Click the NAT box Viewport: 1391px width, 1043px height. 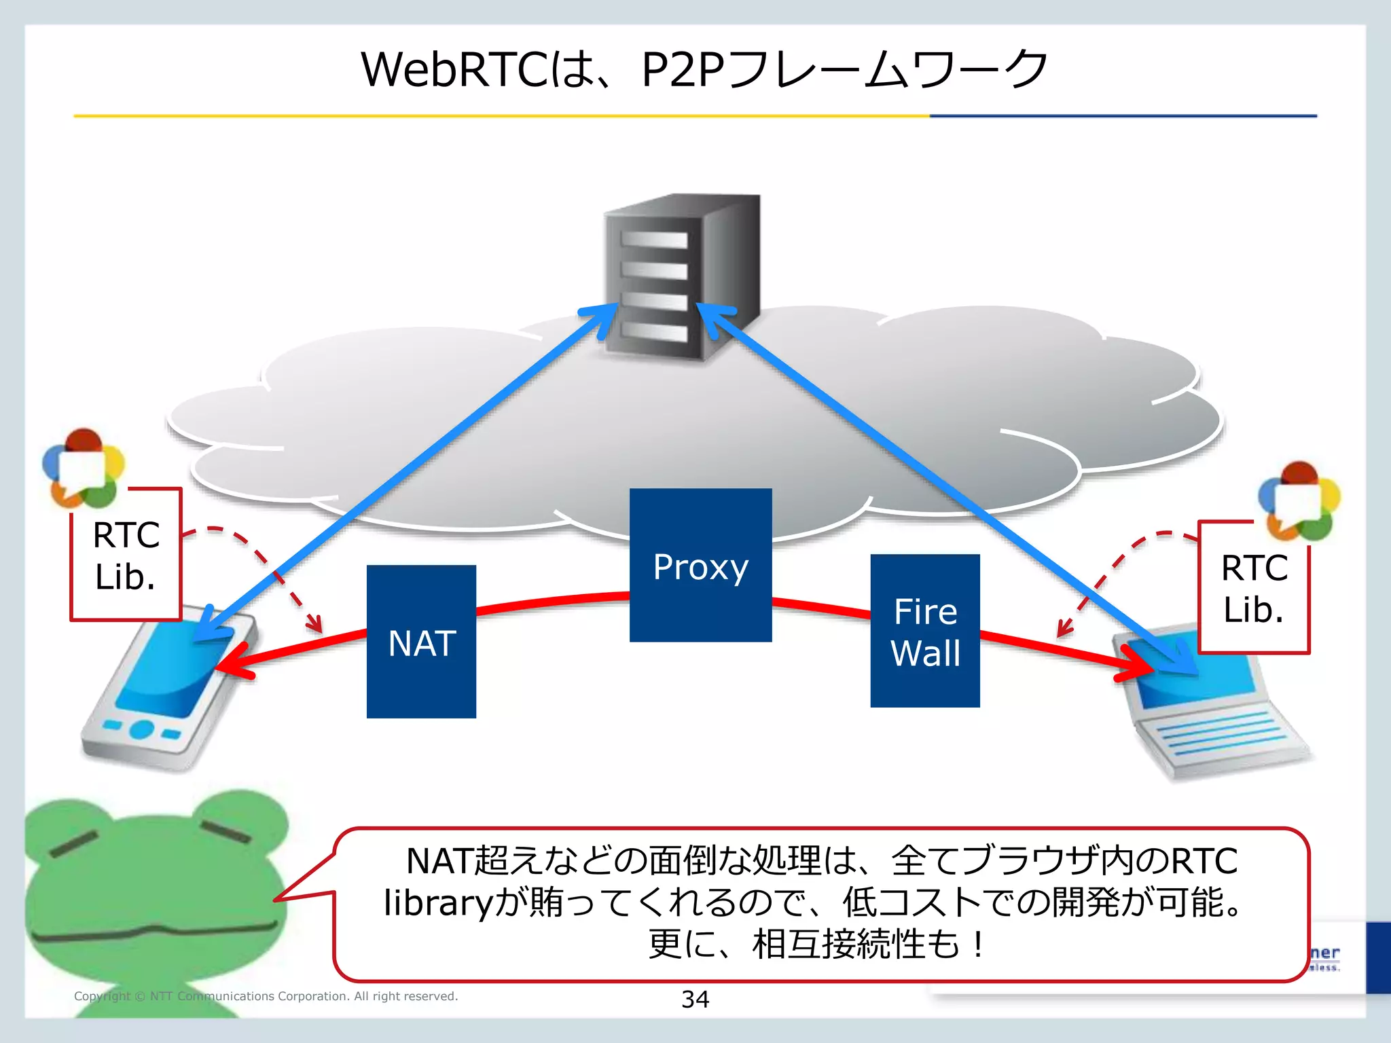[x=421, y=641]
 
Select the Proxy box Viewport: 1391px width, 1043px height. [x=700, y=564]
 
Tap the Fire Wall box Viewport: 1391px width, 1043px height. [x=924, y=631]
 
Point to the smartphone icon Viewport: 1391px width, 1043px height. [x=166, y=689]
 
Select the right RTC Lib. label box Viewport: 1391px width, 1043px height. [x=1254, y=588]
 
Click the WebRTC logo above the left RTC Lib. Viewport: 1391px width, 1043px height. [x=84, y=469]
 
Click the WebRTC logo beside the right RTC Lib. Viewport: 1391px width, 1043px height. [x=1299, y=501]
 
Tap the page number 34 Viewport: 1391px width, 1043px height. [x=695, y=999]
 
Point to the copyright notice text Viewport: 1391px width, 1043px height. [x=266, y=996]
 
